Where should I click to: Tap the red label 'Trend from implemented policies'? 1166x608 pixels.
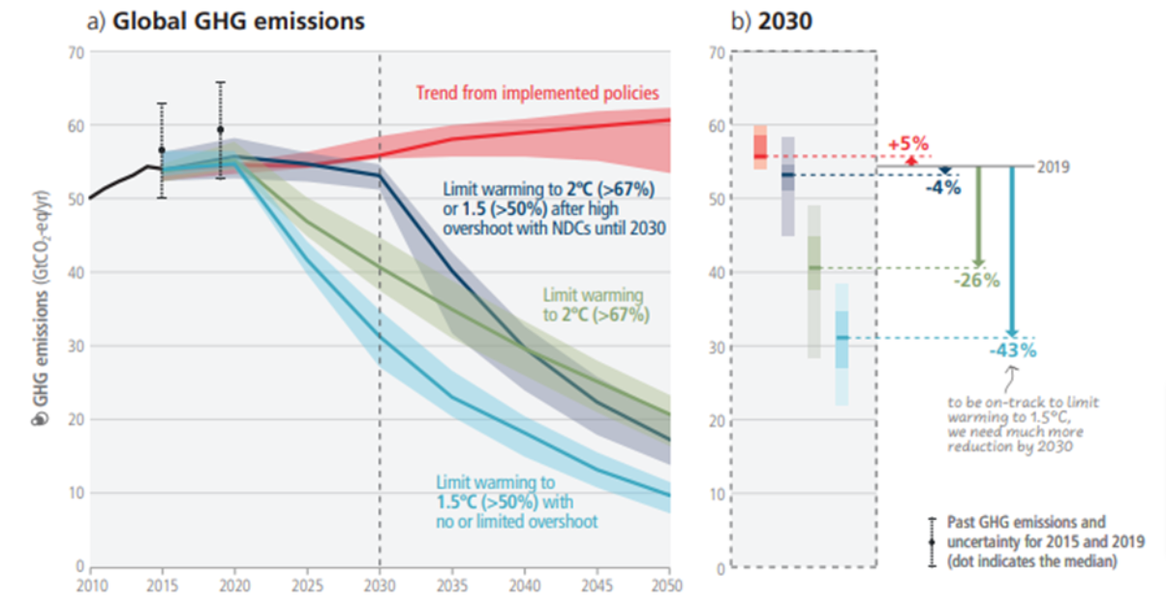pyautogui.click(x=537, y=94)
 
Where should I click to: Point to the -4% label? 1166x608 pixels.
pyautogui.click(x=941, y=188)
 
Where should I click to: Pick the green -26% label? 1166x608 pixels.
pyautogui.click(x=977, y=281)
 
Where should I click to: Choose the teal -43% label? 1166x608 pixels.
pyautogui.click(x=1012, y=350)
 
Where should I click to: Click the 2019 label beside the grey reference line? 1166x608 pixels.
pyautogui.click(x=1053, y=167)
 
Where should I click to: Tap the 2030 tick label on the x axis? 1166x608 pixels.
pyautogui.click(x=379, y=585)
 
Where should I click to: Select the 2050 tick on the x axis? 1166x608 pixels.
pyautogui.click(x=668, y=585)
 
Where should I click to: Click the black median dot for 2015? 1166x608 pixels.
pyautogui.click(x=162, y=150)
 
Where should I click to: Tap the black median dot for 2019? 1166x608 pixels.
pyautogui.click(x=220, y=130)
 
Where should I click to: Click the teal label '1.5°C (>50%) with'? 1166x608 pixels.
pyautogui.click(x=505, y=502)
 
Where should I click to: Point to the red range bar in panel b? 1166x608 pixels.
pyautogui.click(x=760, y=147)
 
